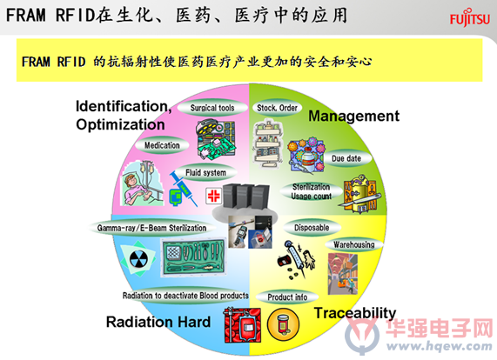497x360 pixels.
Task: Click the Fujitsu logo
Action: tap(470, 18)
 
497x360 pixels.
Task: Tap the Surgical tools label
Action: tap(212, 108)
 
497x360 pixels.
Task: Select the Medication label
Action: tap(162, 145)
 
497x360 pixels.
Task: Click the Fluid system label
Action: tap(205, 172)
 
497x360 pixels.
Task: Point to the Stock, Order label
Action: tap(277, 108)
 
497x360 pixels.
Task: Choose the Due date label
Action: tap(346, 158)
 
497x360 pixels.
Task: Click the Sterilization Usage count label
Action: tap(312, 191)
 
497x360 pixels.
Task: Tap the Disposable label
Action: tap(312, 228)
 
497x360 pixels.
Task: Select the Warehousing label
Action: tap(354, 244)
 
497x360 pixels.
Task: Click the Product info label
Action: tap(287, 297)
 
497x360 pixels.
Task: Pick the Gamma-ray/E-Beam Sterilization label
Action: tap(151, 228)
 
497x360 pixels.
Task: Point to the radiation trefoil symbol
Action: tap(139, 259)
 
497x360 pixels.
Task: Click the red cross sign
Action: tap(213, 196)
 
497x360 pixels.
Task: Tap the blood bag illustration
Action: tap(243, 325)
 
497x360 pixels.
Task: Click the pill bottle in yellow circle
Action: tap(283, 324)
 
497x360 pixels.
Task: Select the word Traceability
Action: tap(355, 313)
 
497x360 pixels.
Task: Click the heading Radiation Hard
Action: tap(158, 322)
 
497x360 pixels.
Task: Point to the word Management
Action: tap(353, 117)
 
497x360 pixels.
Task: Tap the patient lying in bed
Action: tap(143, 183)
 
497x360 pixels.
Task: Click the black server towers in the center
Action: tap(246, 197)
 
